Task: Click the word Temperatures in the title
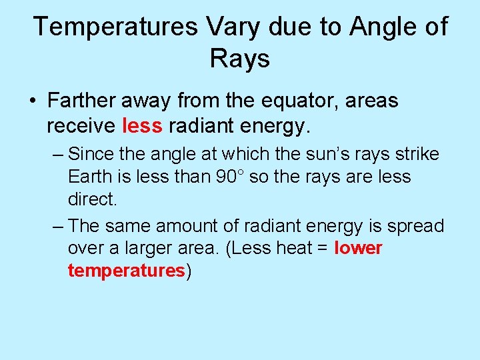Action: pos(115,27)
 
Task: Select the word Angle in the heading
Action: pos(385,27)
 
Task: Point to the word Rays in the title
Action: pos(240,59)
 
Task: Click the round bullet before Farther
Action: pos(32,102)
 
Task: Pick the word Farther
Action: pos(83,101)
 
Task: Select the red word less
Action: pos(143,125)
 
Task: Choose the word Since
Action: pos(90,154)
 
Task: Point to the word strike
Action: pos(413,154)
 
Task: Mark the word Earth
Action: pos(89,177)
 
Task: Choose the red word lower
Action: pos(359,249)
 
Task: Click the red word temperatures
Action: pos(126,271)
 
